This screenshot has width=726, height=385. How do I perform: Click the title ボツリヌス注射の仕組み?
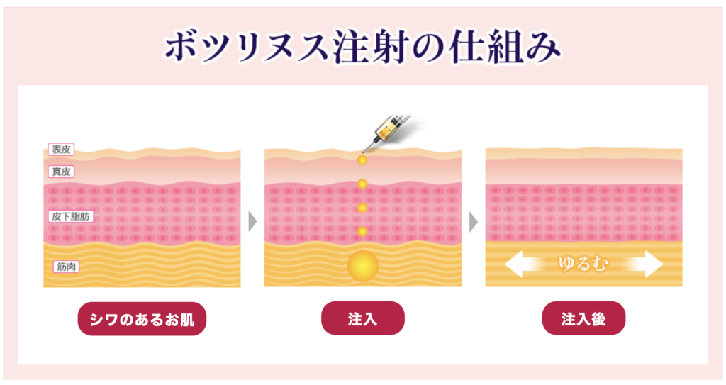tap(363, 48)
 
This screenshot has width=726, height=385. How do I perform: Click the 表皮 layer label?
tap(61, 149)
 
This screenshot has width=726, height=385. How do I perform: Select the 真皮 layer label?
tap(61, 172)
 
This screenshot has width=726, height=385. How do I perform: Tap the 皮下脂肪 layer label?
tap(71, 216)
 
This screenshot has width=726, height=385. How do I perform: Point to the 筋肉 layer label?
tap(66, 267)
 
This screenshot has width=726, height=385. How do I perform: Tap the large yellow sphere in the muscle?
tap(363, 266)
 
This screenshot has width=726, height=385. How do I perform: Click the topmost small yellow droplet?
tap(362, 160)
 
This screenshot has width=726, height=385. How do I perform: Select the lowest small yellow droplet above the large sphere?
tap(362, 231)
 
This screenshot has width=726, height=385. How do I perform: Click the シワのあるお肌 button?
tap(142, 319)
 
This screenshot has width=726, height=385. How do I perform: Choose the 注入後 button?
tap(583, 318)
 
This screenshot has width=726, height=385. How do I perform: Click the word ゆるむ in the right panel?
tap(583, 264)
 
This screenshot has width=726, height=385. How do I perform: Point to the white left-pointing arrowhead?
tap(514, 264)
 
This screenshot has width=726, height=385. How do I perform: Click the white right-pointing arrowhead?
tap(653, 264)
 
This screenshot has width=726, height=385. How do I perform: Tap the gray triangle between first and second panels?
tap(252, 221)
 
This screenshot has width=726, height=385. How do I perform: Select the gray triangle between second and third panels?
tap(473, 221)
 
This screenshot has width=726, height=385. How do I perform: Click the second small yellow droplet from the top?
tap(362, 184)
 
